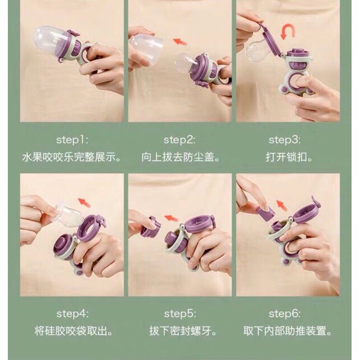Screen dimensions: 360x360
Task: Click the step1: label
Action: tap(72, 140)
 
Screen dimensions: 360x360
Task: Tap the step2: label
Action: tap(179, 140)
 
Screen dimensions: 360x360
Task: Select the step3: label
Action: tap(285, 140)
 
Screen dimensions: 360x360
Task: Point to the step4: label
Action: tap(73, 314)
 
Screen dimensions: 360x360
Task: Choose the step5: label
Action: tap(180, 314)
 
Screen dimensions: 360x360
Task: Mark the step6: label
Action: tap(285, 314)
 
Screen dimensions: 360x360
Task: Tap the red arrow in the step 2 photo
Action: tap(180, 42)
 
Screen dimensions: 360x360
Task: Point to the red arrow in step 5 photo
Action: tap(171, 218)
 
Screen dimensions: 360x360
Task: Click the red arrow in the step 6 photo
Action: tap(282, 205)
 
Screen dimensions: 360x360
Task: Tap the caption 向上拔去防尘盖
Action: tap(181, 157)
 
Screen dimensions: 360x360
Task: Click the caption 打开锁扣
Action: tap(289, 157)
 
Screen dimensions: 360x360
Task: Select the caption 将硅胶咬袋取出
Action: tap(74, 331)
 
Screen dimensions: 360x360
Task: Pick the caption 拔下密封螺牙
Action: tap(183, 331)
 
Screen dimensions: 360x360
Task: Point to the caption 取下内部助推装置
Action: tap(287, 331)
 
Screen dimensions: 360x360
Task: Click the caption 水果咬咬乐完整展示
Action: tap(71, 157)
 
